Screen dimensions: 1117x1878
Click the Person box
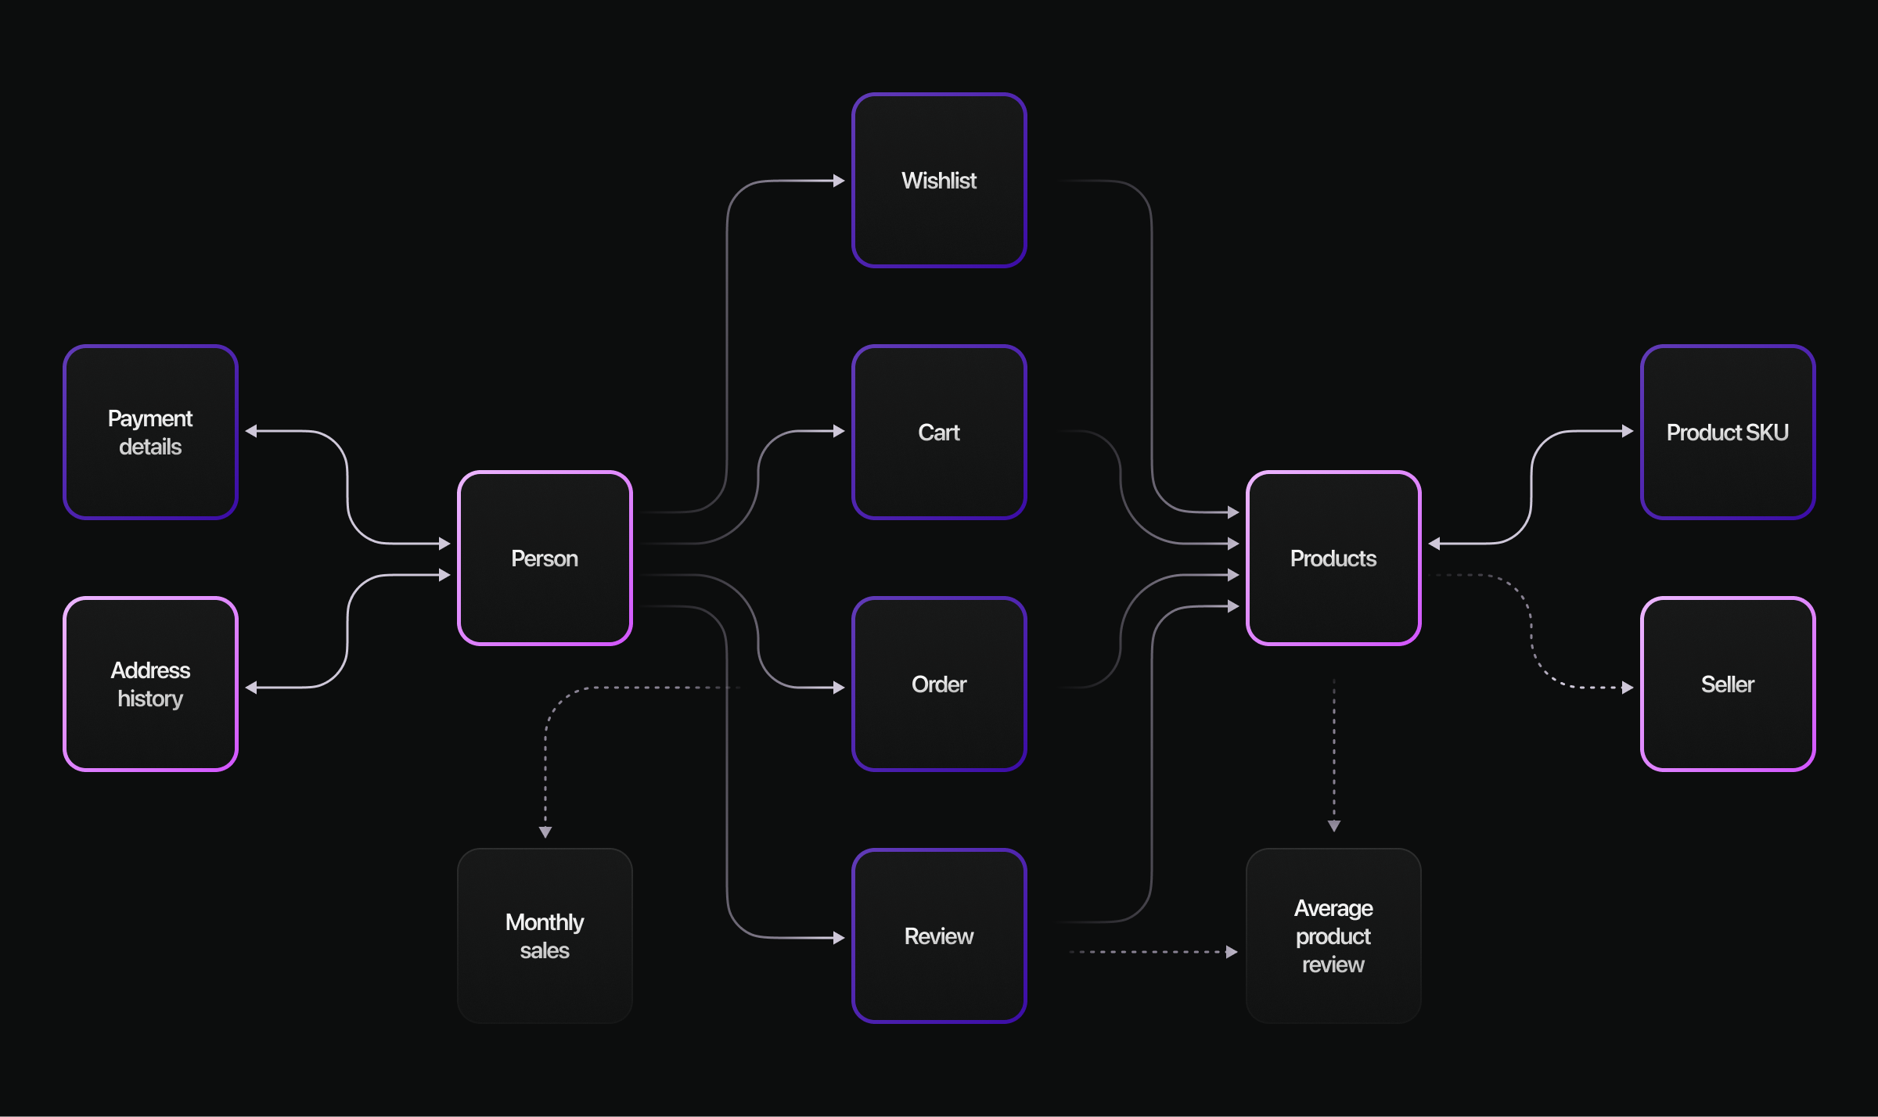click(545, 558)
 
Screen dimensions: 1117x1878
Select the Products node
click(1333, 558)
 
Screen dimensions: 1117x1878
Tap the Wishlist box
click(938, 181)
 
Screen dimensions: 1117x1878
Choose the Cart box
click(938, 432)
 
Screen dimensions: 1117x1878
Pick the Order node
click(938, 684)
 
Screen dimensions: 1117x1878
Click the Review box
click(938, 936)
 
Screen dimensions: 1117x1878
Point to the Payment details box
click(150, 432)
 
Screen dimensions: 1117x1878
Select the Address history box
click(150, 684)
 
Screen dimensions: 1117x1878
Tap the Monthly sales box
click(545, 936)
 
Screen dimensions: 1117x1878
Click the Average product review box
click(1333, 936)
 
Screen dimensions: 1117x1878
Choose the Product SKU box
click(1727, 432)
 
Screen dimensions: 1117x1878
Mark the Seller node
click(1727, 684)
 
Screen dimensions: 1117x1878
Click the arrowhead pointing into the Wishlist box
click(839, 181)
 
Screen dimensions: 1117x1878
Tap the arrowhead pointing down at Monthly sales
click(545, 832)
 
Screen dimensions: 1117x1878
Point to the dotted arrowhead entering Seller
click(1628, 688)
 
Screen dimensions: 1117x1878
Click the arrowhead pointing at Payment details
click(251, 431)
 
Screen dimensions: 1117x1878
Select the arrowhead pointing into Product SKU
click(1628, 431)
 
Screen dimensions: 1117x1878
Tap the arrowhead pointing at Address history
click(251, 688)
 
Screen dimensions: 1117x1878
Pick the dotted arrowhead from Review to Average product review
click(1232, 952)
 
